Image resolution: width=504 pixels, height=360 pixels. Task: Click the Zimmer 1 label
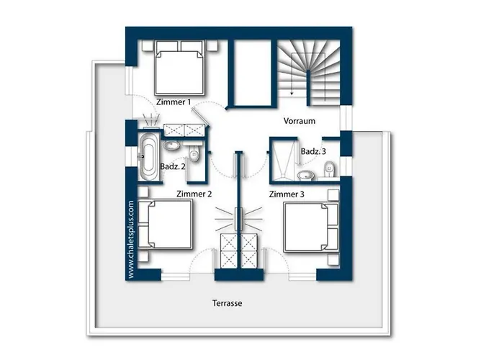coord(174,102)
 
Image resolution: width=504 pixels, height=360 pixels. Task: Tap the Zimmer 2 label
coord(194,194)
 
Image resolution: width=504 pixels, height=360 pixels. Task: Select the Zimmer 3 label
coord(287,194)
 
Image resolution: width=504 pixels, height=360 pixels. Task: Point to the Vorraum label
coord(300,121)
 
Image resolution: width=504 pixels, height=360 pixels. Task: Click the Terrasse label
coord(228,303)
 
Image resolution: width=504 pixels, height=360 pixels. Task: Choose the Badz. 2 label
coord(173,166)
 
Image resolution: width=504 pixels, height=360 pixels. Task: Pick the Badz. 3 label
coord(313,151)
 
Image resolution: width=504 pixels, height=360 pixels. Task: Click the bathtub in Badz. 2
coord(148,157)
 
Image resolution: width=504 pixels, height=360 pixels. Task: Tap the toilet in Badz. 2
coord(194,154)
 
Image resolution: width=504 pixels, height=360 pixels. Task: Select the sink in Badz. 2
coord(172,145)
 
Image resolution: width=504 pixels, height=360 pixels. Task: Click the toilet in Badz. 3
coord(330,169)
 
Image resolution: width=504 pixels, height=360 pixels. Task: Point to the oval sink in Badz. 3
coord(306,175)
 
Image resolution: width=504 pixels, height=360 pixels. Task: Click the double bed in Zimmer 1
coord(180,68)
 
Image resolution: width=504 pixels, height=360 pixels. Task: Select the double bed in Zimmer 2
coord(166,225)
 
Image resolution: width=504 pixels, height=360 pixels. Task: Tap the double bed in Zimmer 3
coord(311,227)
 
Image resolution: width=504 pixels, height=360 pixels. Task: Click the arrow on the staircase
coord(292,74)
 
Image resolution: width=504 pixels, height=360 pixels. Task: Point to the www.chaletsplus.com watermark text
coord(130,240)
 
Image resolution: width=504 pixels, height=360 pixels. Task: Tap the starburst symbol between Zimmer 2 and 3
coord(238,219)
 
